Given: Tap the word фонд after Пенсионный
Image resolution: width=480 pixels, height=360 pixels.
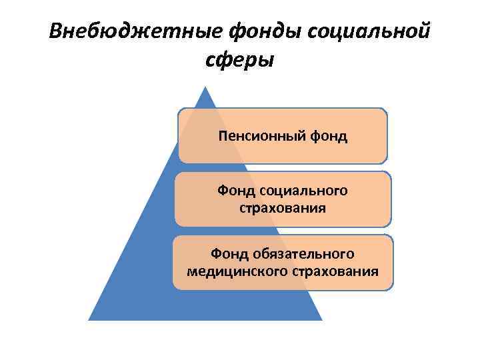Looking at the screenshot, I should (327, 137).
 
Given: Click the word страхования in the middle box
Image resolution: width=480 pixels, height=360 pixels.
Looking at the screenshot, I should (283, 208).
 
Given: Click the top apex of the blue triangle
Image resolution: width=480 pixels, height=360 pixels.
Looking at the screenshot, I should (205, 87).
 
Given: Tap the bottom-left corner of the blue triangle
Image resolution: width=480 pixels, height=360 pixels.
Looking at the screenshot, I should (89, 319).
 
